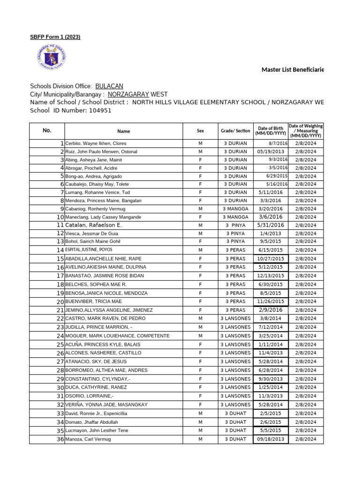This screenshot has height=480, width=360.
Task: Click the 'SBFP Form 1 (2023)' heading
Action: pyautogui.click(x=55, y=37)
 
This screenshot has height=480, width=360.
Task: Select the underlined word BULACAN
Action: pyautogui.click(x=109, y=86)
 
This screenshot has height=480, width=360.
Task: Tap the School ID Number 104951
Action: pyautogui.click(x=97, y=110)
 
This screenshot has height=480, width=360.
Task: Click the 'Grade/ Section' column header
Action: pyautogui.click(x=235, y=131)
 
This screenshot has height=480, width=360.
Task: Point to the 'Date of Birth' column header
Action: pyautogui.click(x=270, y=131)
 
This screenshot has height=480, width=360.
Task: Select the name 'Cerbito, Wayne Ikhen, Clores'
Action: pyautogui.click(x=96, y=143)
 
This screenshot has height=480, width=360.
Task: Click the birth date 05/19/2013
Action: pyautogui.click(x=270, y=151)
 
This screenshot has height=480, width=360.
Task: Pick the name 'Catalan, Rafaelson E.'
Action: pyautogui.click(x=93, y=225)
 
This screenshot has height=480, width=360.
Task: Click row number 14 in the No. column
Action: pyautogui.click(x=60, y=250)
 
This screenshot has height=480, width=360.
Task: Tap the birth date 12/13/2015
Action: pyautogui.click(x=270, y=276)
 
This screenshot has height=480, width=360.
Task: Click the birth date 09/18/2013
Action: pyautogui.click(x=270, y=439)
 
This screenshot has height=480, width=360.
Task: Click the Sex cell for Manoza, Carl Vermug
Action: pyautogui.click(x=200, y=439)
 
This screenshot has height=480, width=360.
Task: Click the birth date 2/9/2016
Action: pyautogui.click(x=270, y=310)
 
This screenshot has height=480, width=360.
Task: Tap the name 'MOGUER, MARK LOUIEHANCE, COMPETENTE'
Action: pyautogui.click(x=117, y=336)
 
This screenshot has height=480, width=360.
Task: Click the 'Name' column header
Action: pyautogui.click(x=124, y=131)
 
